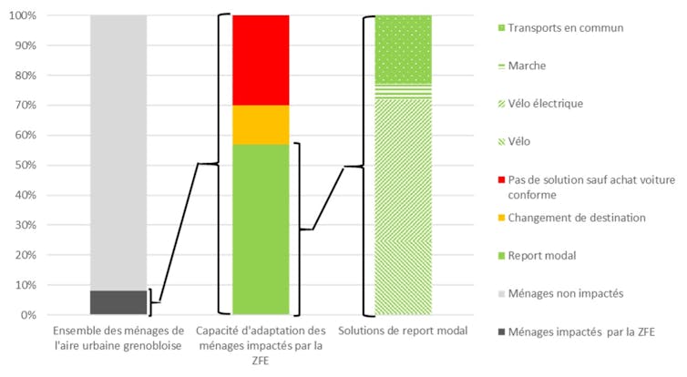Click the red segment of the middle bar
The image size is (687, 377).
pyautogui.click(x=261, y=60)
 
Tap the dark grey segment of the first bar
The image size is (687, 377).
pyautogui.click(x=118, y=302)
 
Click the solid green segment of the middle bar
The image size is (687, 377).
pyautogui.click(x=261, y=229)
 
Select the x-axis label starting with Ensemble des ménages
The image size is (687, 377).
pyautogui.click(x=118, y=338)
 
